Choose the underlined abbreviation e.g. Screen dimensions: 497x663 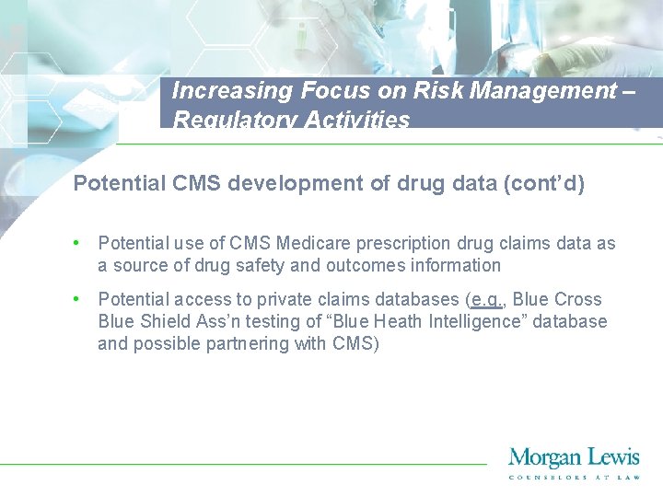click(x=485, y=299)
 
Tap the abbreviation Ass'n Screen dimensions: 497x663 click(x=227, y=321)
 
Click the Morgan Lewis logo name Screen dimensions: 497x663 click(x=574, y=457)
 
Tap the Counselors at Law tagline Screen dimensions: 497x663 click(x=574, y=476)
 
